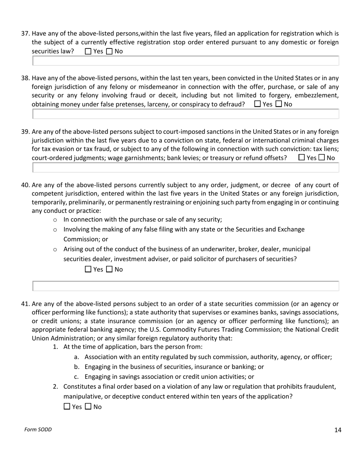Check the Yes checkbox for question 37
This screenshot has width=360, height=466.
pyautogui.click(x=88, y=52)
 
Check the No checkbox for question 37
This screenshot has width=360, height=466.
pyautogui.click(x=110, y=52)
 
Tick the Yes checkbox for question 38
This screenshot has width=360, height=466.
pyautogui.click(x=258, y=104)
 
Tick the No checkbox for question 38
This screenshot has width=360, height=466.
pyautogui.click(x=279, y=104)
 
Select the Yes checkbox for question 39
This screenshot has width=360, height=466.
pyautogui.click(x=302, y=157)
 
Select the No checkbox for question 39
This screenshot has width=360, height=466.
pyautogui.click(x=322, y=157)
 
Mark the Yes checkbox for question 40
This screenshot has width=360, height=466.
pyautogui.click(x=88, y=269)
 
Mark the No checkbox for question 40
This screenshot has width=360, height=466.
pyautogui.click(x=110, y=269)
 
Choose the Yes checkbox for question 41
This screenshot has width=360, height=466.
pyautogui.click(x=67, y=407)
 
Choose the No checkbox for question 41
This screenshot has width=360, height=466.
pyautogui.click(x=88, y=407)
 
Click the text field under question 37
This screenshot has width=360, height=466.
pyautogui.click(x=186, y=61)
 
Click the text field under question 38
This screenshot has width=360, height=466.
pyautogui.click(x=186, y=114)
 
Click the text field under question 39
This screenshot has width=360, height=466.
pyautogui.click(x=186, y=167)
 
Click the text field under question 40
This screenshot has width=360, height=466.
pyautogui.click(x=186, y=286)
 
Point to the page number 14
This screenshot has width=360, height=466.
pyautogui.click(x=338, y=430)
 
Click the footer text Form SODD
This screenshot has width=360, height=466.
pyautogui.click(x=38, y=429)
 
